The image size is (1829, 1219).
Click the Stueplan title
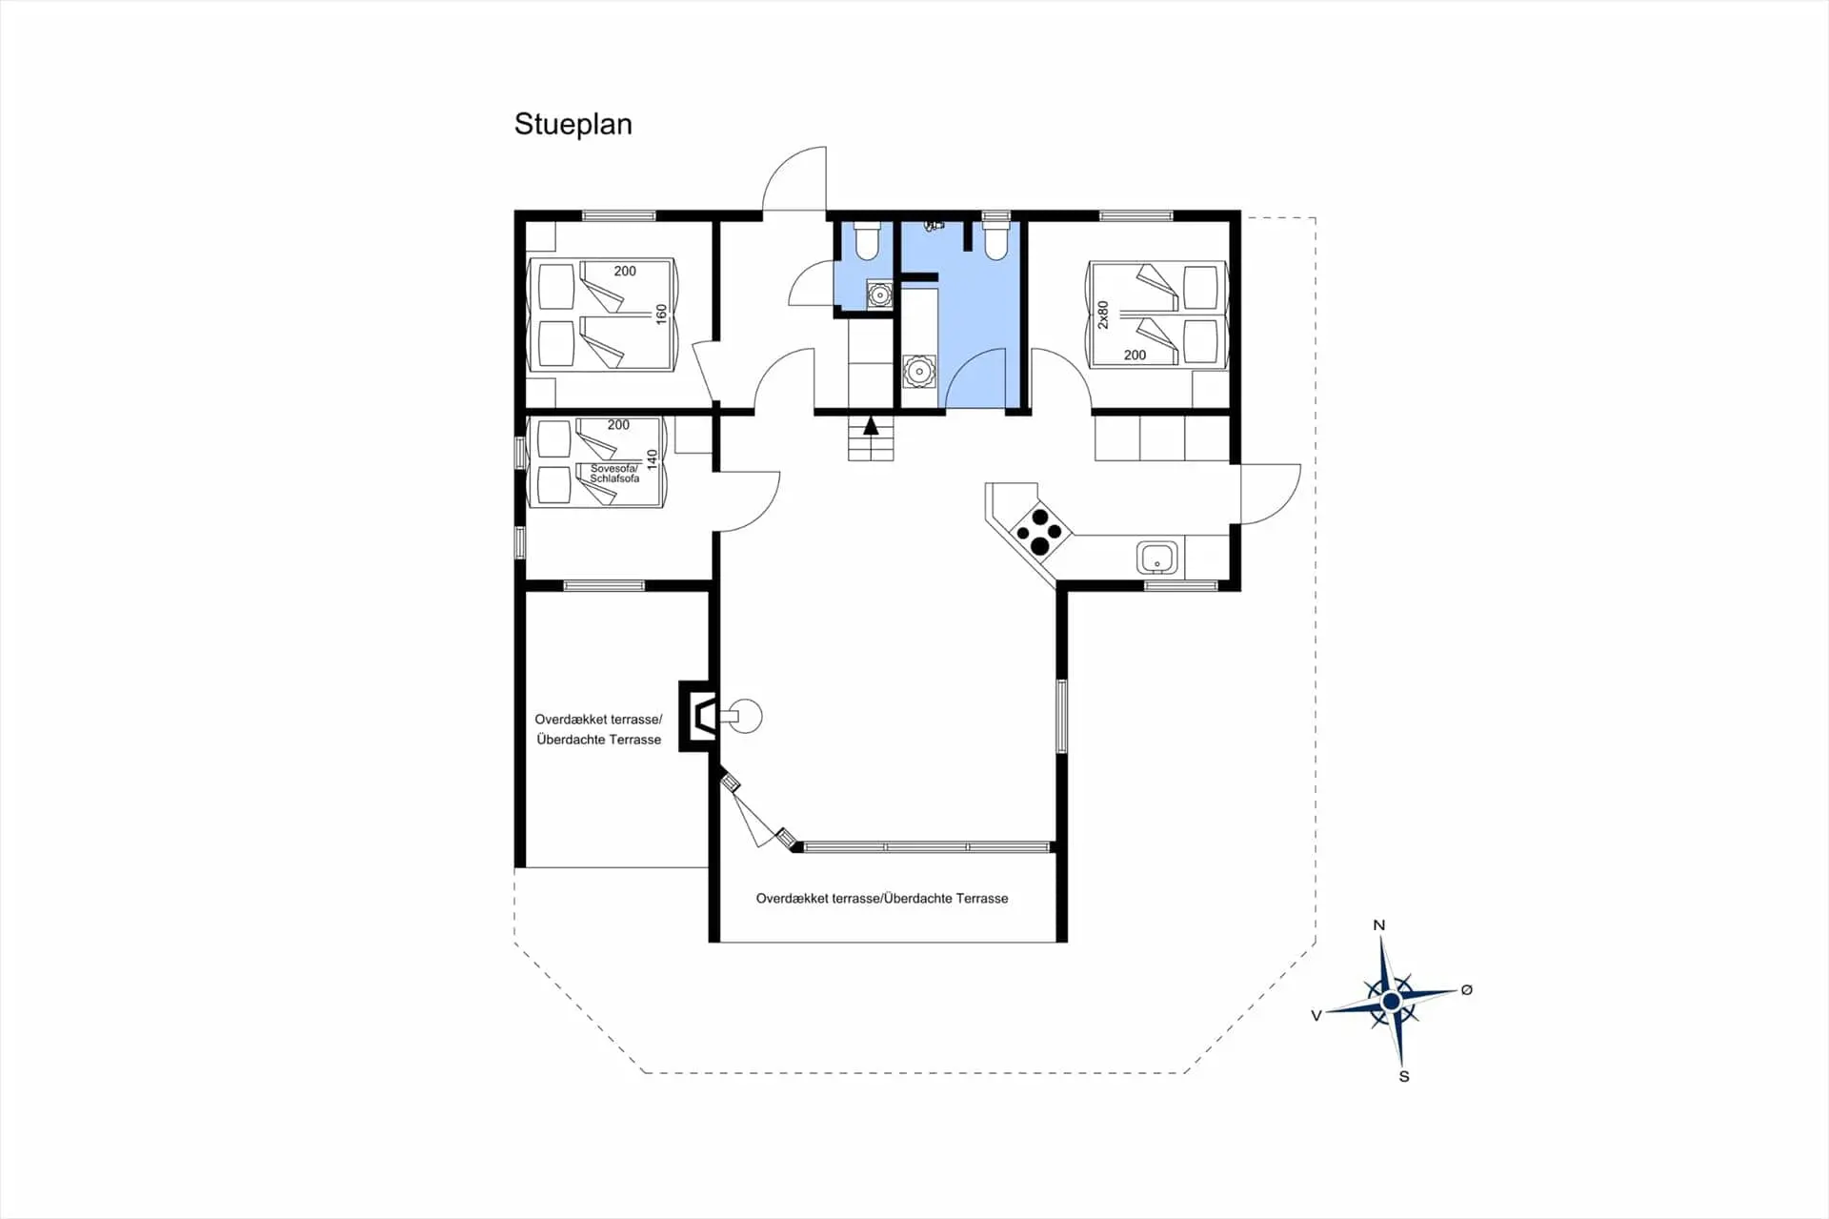[573, 125]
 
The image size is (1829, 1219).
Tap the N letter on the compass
[1378, 925]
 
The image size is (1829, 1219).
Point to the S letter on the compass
[1403, 1077]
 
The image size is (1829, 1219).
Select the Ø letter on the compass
[1467, 990]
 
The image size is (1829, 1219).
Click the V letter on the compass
[1316, 1016]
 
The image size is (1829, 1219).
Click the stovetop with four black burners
[1039, 532]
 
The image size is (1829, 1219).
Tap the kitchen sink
[1156, 558]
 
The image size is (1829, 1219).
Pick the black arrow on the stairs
[871, 426]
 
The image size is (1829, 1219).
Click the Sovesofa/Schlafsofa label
[614, 474]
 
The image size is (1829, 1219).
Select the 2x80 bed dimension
[1103, 315]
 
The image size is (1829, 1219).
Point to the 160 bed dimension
[661, 315]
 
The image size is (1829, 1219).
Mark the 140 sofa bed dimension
[653, 459]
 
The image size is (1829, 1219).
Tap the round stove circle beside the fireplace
[747, 716]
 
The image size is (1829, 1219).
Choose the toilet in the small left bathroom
[867, 241]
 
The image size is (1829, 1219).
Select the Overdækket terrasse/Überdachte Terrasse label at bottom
[882, 899]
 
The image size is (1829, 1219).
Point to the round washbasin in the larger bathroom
[919, 372]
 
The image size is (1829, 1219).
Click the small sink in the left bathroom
[879, 295]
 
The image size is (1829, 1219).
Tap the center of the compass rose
[1391, 1002]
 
